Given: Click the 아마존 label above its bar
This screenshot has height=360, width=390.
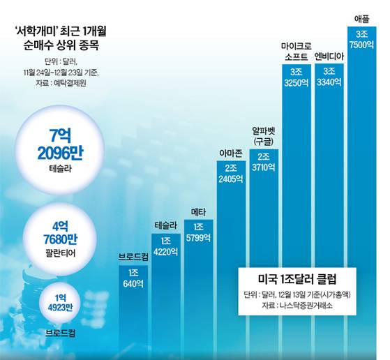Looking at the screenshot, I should [231, 153].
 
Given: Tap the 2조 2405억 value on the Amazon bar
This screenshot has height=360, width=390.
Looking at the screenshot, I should [231, 174].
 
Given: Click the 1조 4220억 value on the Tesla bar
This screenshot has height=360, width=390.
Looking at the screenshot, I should [165, 249].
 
